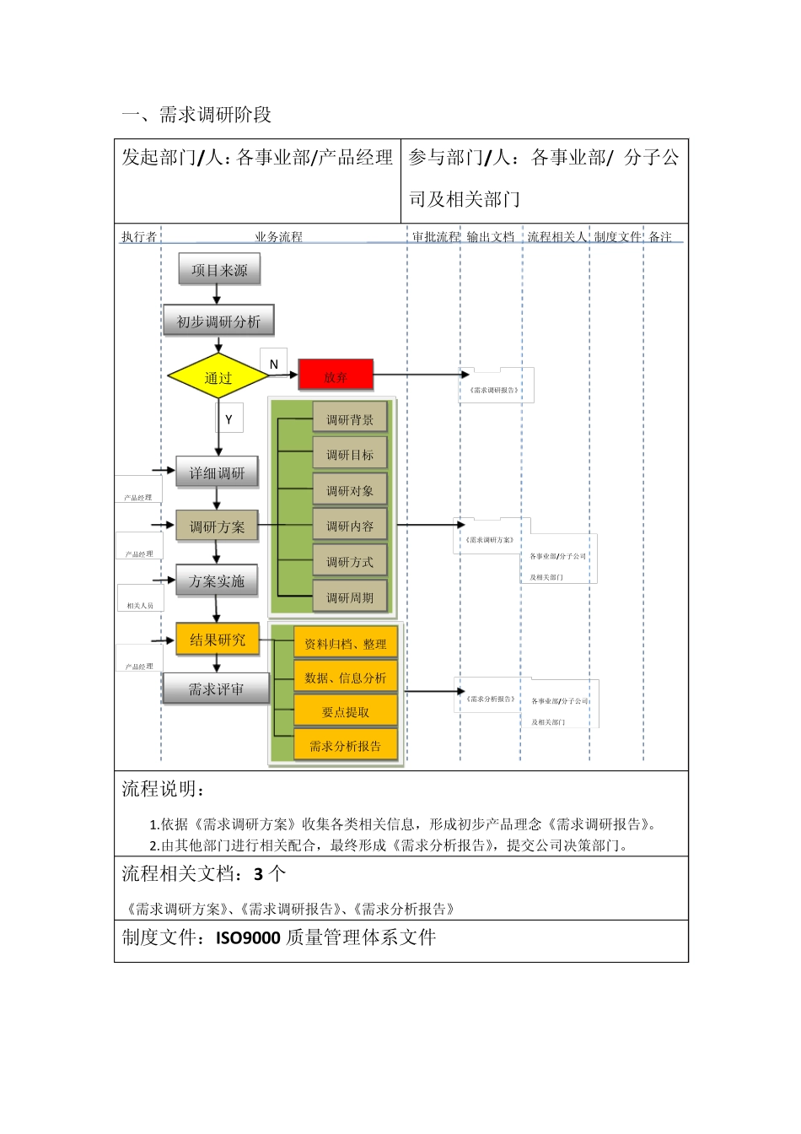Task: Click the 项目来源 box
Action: (219, 270)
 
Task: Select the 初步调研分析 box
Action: (218, 321)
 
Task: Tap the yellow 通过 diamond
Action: (218, 378)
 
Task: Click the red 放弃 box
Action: (336, 376)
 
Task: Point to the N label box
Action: (273, 364)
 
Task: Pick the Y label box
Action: (228, 418)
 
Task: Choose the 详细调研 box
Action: (217, 472)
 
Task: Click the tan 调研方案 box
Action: (217, 526)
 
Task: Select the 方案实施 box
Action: (217, 580)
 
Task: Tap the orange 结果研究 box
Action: (218, 640)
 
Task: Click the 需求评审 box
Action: (217, 688)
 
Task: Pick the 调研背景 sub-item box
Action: (350, 419)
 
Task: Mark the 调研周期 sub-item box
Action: (350, 597)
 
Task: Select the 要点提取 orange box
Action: (346, 711)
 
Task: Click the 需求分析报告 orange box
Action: (346, 746)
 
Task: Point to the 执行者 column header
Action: (138, 236)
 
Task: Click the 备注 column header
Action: (660, 236)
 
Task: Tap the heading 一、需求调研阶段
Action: (196, 115)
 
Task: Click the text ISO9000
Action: (248, 937)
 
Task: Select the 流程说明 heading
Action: (163, 789)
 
